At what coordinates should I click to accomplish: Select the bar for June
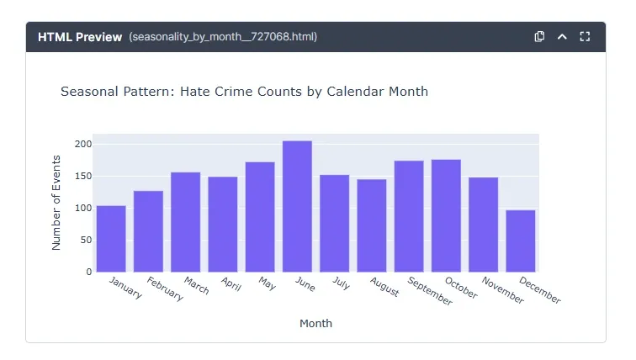pyautogui.click(x=297, y=206)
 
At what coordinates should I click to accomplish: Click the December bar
pyautogui.click(x=521, y=241)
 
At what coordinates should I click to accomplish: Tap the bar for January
pyautogui.click(x=111, y=238)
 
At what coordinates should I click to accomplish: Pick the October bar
pyautogui.click(x=446, y=215)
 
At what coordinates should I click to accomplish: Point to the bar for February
pyautogui.click(x=148, y=231)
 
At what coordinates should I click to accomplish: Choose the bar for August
pyautogui.click(x=372, y=225)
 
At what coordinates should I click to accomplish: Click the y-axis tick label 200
pyautogui.click(x=82, y=145)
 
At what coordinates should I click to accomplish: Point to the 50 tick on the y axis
pyautogui.click(x=85, y=241)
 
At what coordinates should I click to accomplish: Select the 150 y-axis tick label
pyautogui.click(x=82, y=177)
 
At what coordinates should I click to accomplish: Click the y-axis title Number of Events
pyautogui.click(x=56, y=203)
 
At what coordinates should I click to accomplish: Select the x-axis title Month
pyautogui.click(x=315, y=323)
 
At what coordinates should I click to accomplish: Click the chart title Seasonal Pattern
pyautogui.click(x=244, y=91)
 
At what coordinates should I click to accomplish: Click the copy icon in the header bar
pyautogui.click(x=540, y=37)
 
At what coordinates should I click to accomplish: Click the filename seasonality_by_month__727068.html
pyautogui.click(x=223, y=37)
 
